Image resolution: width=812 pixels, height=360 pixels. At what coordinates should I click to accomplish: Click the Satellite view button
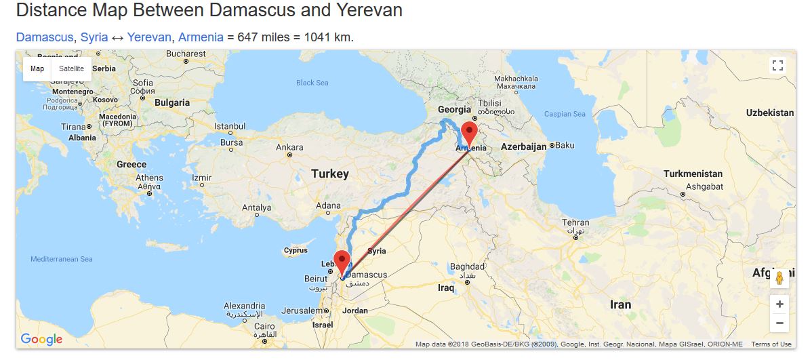pos(71,68)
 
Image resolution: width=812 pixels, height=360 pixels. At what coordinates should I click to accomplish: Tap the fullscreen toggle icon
pos(777,66)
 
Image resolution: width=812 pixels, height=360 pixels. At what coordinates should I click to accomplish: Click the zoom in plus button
pos(779,304)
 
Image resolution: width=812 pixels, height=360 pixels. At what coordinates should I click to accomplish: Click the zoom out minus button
pos(779,323)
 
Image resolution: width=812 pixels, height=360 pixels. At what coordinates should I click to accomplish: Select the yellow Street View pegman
pos(779,278)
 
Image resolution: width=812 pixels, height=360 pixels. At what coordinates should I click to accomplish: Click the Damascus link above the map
pos(44,37)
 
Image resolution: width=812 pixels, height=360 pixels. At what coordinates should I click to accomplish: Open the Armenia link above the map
pos(201,37)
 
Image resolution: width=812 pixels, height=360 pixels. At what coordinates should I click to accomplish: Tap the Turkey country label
pos(330,174)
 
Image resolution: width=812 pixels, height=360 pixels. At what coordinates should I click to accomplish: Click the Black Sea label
pos(312,83)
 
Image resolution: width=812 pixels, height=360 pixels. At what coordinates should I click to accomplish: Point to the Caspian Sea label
pos(565,114)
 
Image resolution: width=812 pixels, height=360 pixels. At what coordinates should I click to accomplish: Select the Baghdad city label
pos(468,266)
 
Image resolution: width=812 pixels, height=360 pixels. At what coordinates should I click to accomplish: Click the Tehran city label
pos(575,222)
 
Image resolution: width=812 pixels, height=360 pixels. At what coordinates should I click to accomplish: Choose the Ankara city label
pos(289,147)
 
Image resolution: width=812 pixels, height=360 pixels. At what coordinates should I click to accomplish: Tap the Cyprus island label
pos(296,250)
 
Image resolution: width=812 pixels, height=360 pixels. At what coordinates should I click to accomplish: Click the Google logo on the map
pos(41,340)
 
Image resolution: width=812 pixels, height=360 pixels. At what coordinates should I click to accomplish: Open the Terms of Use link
pos(771,344)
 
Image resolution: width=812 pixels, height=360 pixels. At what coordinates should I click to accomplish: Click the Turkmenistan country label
pos(693,174)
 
